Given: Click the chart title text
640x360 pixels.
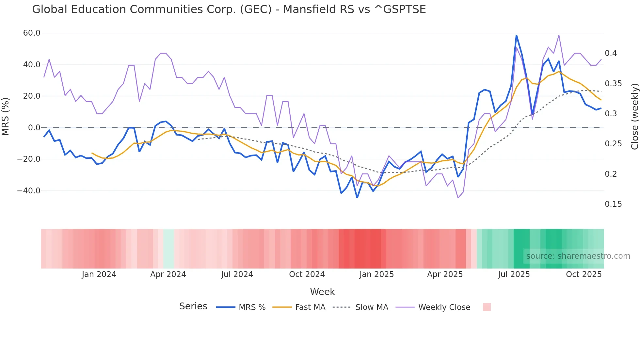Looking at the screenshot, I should coord(229,9).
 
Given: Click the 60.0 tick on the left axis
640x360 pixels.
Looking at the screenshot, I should coord(32,33).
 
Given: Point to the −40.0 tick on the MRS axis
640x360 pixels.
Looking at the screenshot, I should coord(29,191).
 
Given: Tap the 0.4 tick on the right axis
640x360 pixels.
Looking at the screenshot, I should coord(611,53).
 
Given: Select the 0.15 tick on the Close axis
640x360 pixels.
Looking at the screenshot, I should coord(613,204).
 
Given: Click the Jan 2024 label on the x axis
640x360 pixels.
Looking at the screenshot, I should coord(99,274).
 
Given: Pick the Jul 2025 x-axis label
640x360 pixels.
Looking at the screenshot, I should coord(514,274).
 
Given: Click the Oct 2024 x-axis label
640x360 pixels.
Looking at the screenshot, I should coord(307,274).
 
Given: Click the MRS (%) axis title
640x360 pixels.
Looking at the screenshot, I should coord(6,117).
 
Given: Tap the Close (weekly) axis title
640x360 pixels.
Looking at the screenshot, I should coord(634,117).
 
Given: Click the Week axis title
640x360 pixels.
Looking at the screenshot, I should coord(322,292).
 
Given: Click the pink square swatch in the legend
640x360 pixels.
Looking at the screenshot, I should coord(487,307).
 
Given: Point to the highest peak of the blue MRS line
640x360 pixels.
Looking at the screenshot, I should coord(516,35).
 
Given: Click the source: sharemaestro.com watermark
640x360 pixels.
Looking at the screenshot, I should coord(578,256).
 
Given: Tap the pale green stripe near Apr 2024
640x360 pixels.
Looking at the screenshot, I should coord(168,249).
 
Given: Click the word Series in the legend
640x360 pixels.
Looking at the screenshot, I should coord(193,306).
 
